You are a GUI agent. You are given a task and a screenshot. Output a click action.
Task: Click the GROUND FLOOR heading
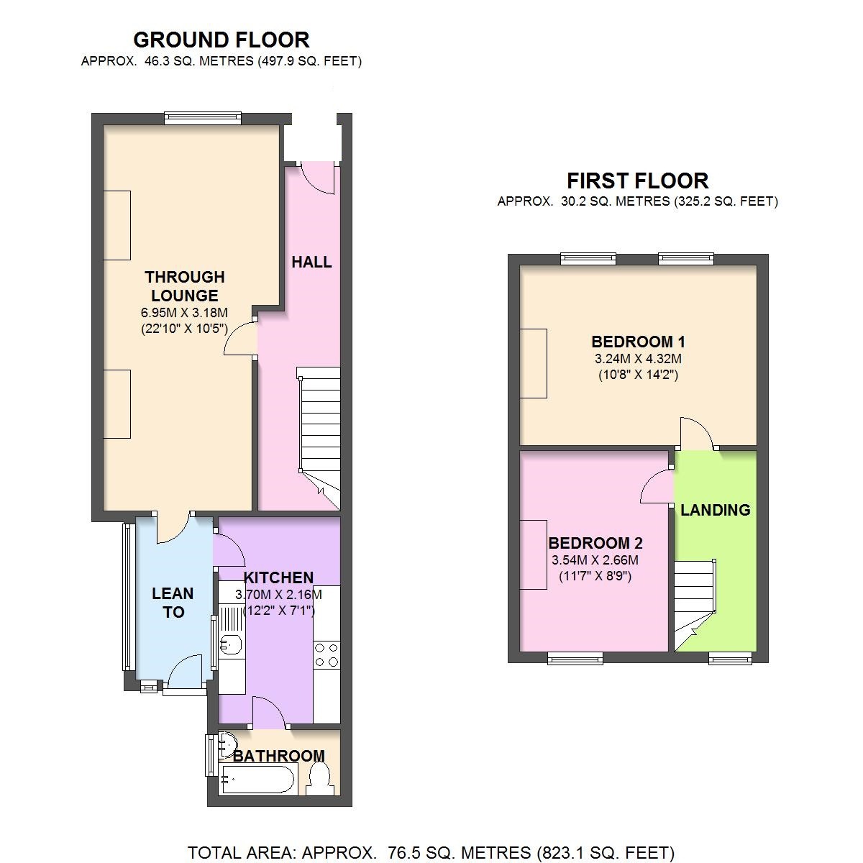tap(222, 40)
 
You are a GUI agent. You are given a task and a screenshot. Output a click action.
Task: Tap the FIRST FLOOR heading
tap(637, 181)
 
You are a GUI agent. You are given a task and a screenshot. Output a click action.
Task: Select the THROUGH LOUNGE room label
tap(185, 286)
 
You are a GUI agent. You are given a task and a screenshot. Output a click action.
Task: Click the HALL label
tap(311, 262)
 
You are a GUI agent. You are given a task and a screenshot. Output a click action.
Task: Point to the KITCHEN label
tap(278, 577)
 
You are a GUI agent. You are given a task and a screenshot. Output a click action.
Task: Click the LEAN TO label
tap(173, 603)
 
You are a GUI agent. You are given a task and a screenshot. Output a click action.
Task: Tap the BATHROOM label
tap(278, 756)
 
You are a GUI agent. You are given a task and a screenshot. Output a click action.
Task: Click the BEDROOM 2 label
tap(595, 543)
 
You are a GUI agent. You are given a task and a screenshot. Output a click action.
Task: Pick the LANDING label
tap(715, 510)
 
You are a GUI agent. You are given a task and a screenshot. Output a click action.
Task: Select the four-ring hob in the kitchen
tap(327, 654)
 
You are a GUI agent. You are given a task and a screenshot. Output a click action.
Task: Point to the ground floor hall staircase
tap(319, 431)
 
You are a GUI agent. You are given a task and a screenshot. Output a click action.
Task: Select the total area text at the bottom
tap(431, 853)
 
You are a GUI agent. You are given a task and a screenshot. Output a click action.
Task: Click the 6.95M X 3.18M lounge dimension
tap(185, 313)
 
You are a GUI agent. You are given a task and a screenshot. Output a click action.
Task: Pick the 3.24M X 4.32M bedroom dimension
tap(638, 358)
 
